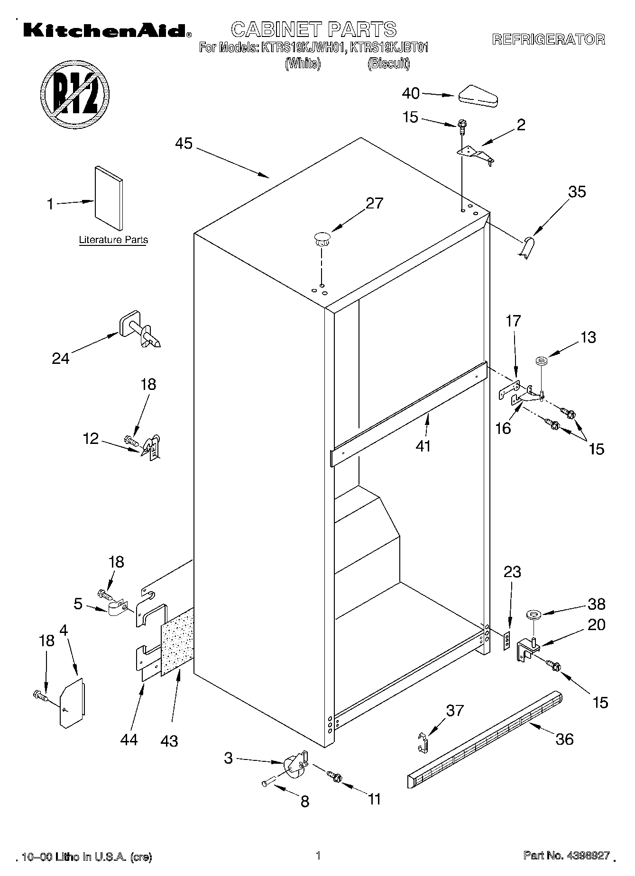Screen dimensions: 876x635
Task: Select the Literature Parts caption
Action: [x=113, y=240]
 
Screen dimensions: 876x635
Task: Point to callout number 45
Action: [x=184, y=144]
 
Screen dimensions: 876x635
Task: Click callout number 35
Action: [x=577, y=192]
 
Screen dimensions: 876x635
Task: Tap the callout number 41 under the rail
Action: [x=423, y=446]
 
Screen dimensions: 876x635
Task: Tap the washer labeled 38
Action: [x=534, y=615]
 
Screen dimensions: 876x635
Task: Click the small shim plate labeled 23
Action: [x=507, y=641]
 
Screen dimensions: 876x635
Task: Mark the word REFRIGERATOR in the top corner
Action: [x=548, y=39]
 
